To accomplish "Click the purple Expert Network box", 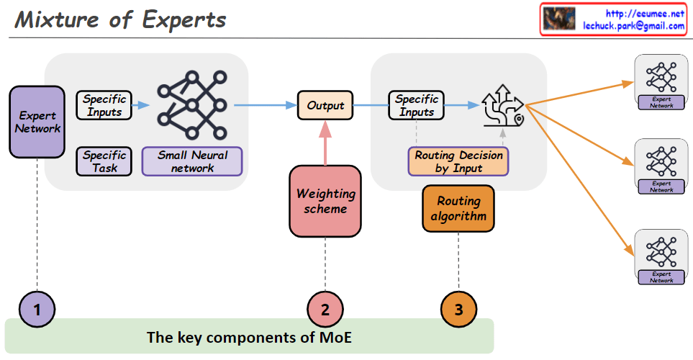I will pos(37,122).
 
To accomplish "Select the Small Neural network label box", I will pos(192,161).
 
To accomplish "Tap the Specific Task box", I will pos(104,161).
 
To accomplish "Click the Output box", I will pos(325,105).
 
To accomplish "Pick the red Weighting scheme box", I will pos(325,201).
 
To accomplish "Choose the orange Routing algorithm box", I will pos(458,209).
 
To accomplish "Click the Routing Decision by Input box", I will pos(458,161).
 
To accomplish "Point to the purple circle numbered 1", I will pos(37,310).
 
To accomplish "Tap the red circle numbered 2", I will pos(325,310).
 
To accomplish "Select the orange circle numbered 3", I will pos(458,310).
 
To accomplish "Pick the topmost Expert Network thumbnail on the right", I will pos(661,82).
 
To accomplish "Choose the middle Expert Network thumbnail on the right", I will pos(661,167).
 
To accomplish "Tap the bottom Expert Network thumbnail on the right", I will pos(661,256).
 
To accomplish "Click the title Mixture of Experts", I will pos(120,19).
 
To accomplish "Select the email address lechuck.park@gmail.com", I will pos(633,26).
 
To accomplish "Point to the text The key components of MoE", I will pos(249,337).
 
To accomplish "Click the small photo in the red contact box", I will pos(559,19).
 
